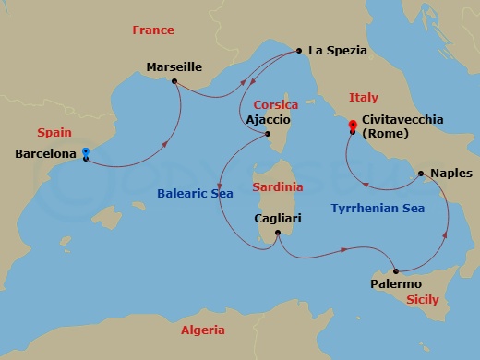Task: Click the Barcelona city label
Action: [46, 154]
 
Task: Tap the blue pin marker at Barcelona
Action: [85, 152]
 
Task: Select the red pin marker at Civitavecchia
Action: [352, 126]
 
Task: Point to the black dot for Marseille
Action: [174, 81]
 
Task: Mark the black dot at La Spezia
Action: [299, 51]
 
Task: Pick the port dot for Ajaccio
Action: [268, 135]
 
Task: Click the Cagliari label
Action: [277, 219]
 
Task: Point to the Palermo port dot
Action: [396, 271]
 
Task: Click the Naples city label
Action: [451, 173]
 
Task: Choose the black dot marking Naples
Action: [421, 173]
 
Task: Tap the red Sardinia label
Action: [278, 186]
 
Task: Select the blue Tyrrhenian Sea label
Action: [378, 209]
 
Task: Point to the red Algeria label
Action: [202, 330]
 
